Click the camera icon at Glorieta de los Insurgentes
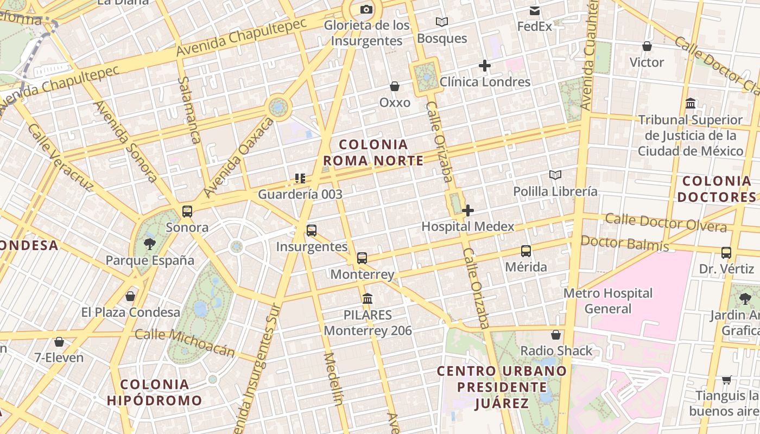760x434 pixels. click(x=366, y=9)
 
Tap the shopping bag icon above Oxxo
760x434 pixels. click(x=395, y=86)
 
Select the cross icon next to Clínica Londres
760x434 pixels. click(x=485, y=66)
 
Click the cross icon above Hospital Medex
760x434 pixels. click(x=468, y=210)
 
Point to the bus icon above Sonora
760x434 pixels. click(x=187, y=211)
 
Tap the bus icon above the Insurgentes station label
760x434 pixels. click(x=312, y=230)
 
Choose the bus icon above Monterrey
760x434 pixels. click(x=362, y=258)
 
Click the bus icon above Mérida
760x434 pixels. click(x=526, y=251)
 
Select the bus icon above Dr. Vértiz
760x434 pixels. click(x=726, y=252)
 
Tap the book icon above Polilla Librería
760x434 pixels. click(x=555, y=175)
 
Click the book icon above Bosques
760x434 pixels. click(x=442, y=22)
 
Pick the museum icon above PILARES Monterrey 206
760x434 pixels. click(x=368, y=298)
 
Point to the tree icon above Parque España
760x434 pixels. click(x=150, y=244)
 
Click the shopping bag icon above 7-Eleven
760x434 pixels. click(x=59, y=342)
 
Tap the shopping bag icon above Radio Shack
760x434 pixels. click(x=556, y=335)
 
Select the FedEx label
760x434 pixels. click(x=535, y=26)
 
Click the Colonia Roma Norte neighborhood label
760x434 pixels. click(x=373, y=152)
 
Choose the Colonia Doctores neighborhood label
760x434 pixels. click(x=717, y=189)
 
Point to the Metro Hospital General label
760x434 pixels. click(x=608, y=301)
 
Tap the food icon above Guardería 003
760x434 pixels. click(x=300, y=178)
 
